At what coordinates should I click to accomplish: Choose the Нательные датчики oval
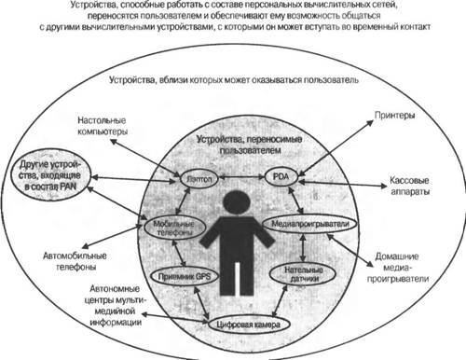tap(297, 274)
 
